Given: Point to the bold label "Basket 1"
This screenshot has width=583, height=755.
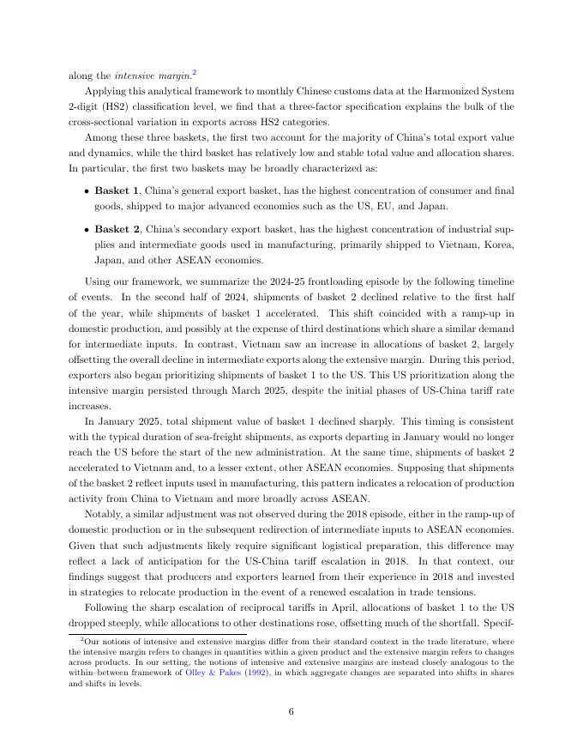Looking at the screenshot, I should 116,190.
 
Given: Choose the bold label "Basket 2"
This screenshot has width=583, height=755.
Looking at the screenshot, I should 116,229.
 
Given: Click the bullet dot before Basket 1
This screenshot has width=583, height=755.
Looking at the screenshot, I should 87,190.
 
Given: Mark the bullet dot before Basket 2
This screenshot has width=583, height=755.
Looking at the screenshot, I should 87,230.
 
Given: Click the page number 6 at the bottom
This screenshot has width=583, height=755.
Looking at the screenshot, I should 291,710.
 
